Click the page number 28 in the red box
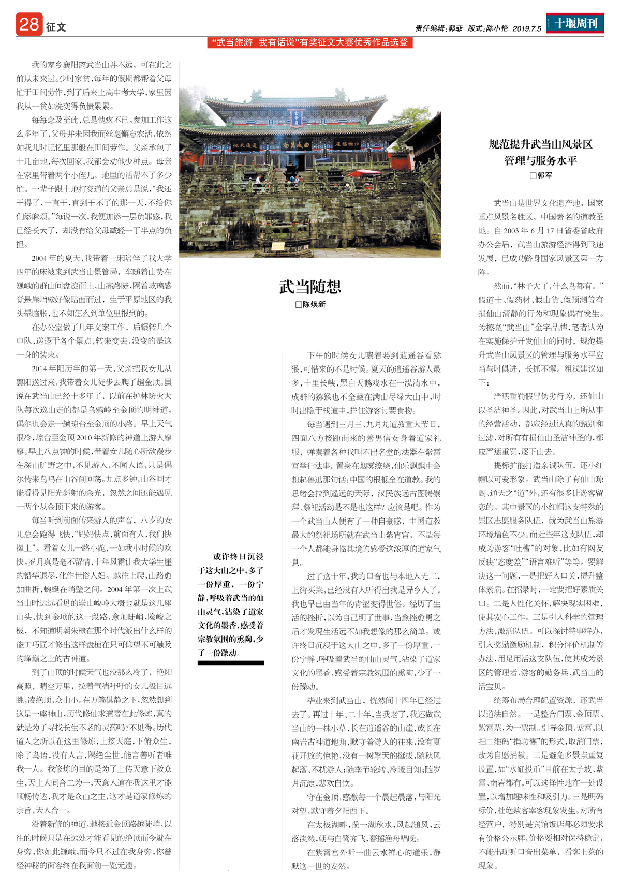(x=29, y=24)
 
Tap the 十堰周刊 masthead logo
(x=575, y=23)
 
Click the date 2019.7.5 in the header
(x=527, y=29)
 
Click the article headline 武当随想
(x=310, y=286)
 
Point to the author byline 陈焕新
(x=310, y=305)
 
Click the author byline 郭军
(x=541, y=176)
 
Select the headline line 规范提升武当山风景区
(x=541, y=144)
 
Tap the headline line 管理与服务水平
(x=541, y=160)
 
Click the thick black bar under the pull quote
(x=231, y=663)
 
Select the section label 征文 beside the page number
(x=56, y=27)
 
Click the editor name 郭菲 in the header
(x=455, y=29)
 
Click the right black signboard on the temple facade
(x=348, y=144)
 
